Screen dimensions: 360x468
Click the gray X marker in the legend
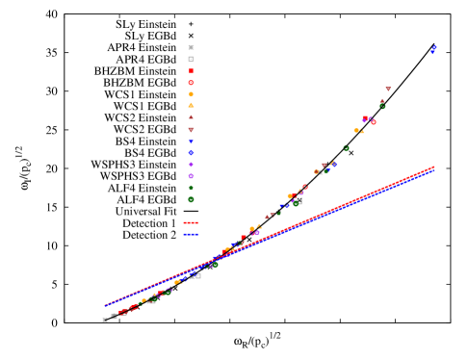pos(191,47)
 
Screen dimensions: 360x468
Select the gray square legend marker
pos(191,59)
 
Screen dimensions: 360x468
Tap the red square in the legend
pos(191,71)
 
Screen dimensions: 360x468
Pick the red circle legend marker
pos(191,83)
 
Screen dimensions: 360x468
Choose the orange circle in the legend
pos(191,94)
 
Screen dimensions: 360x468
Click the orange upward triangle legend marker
pos(191,105)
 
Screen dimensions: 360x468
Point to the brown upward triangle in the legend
pos(191,116)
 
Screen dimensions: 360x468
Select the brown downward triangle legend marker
pos(191,129)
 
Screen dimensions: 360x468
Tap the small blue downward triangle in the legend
pos(191,141)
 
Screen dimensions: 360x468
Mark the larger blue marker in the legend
pos(191,152)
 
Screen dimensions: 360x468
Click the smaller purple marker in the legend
pos(191,165)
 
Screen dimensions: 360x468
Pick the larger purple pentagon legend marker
pos(191,176)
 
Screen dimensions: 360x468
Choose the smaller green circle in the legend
pos(191,188)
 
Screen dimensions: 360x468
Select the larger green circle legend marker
pos(191,199)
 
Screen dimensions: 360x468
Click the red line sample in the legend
pos(191,222)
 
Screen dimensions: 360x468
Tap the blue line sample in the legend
pos(191,234)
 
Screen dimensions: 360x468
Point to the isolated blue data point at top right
pos(433,50)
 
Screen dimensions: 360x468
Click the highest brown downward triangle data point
pos(388,89)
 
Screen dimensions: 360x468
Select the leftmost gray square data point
pos(105,320)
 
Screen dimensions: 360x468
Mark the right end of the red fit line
pos(433,167)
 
